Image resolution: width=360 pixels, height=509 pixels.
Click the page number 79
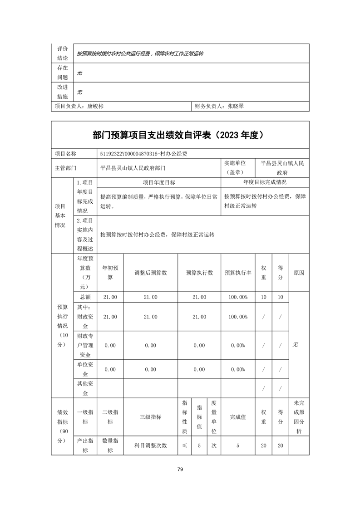point(180,469)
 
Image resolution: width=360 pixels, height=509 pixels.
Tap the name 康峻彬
point(95,106)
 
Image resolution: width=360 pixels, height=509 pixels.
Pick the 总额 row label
point(85,297)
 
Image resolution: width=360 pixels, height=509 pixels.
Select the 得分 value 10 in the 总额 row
point(280,297)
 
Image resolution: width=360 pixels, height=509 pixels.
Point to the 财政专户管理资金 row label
point(85,345)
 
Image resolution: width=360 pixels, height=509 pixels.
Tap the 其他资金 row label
point(85,389)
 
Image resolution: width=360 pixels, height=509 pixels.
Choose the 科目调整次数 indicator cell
point(150,445)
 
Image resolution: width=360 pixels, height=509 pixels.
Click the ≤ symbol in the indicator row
point(184,445)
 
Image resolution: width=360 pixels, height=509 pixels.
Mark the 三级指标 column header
point(150,416)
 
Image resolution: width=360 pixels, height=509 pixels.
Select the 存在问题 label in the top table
point(63,72)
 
